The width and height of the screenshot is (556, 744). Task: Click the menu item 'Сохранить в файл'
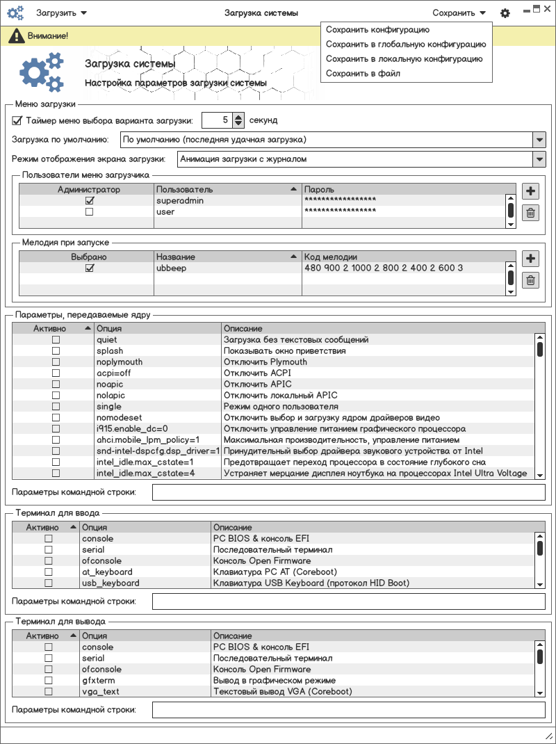(x=363, y=73)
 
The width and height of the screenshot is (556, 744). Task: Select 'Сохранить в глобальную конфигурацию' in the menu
(x=406, y=45)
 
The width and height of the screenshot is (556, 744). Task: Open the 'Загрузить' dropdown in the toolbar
(x=61, y=13)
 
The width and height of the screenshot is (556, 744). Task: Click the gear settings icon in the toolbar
(x=505, y=13)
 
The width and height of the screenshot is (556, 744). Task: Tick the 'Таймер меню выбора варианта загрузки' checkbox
(x=17, y=120)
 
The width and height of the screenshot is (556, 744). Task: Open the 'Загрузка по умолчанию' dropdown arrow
(x=539, y=140)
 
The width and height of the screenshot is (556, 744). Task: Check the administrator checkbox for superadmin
(x=89, y=201)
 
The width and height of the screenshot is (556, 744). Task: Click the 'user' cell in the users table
(x=165, y=212)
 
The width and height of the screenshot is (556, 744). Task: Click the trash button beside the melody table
(x=530, y=280)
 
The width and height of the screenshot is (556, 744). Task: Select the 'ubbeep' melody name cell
(x=171, y=268)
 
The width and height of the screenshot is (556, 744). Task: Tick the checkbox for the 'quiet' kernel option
(x=56, y=340)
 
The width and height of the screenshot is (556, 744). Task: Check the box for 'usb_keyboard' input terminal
(x=49, y=583)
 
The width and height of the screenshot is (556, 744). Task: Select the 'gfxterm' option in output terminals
(x=98, y=681)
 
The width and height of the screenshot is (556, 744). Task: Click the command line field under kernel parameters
(x=348, y=492)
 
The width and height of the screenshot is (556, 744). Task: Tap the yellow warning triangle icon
(x=13, y=35)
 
